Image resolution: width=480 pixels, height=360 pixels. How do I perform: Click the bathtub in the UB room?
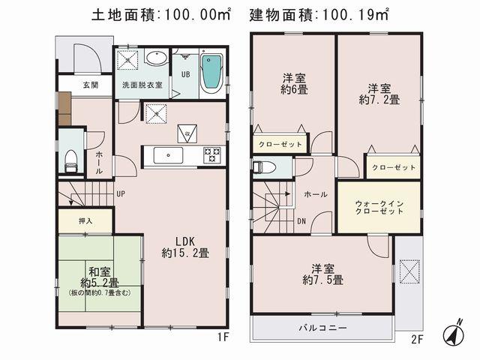(x=212, y=73)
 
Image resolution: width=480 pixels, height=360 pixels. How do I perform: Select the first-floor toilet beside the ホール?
(x=71, y=157)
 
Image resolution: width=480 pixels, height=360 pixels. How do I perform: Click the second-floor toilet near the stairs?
(x=259, y=167)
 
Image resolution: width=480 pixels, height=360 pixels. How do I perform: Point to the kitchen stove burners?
(x=212, y=154)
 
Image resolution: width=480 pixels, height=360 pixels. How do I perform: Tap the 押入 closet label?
(x=85, y=221)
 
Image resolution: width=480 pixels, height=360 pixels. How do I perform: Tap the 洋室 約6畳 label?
(x=292, y=85)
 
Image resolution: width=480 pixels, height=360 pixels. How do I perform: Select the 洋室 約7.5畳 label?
(x=323, y=273)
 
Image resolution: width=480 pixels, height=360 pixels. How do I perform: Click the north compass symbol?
(x=457, y=333)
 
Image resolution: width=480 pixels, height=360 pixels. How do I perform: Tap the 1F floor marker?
(x=222, y=337)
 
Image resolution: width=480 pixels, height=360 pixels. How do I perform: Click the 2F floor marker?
(x=418, y=337)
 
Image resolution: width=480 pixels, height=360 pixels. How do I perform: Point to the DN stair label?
(x=301, y=220)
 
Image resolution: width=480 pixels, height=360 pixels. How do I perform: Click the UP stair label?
(x=120, y=193)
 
